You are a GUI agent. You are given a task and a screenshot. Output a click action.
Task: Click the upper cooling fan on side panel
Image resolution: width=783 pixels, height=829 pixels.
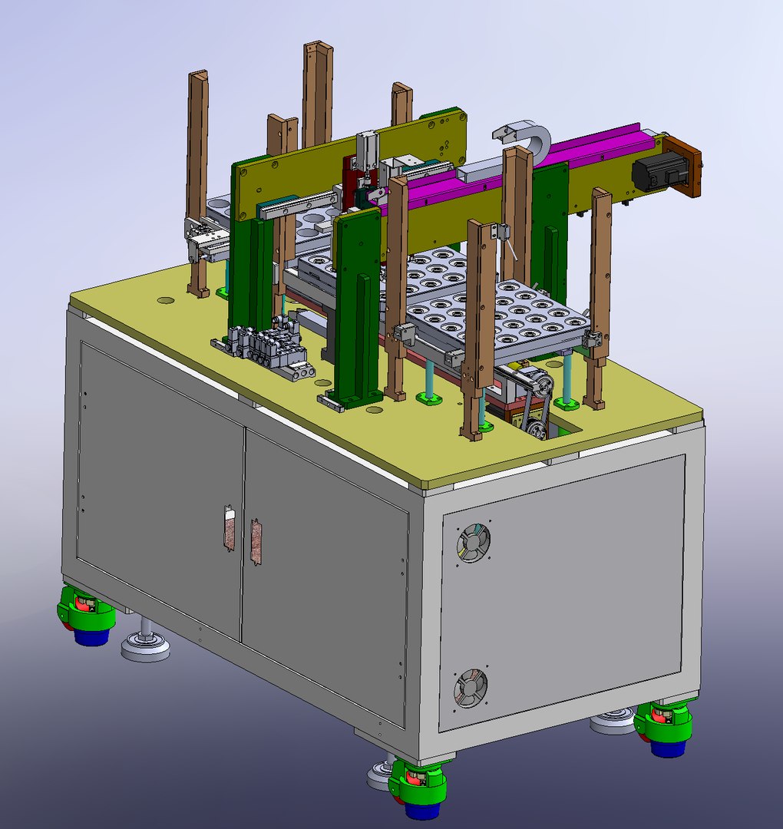tap(474, 543)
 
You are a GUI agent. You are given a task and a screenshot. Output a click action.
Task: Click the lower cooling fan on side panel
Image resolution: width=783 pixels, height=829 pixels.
tap(469, 689)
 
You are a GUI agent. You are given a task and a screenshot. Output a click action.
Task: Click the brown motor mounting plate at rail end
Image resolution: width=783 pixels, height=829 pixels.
tap(686, 167)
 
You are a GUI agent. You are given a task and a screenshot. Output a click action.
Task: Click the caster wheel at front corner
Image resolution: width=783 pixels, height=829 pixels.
tap(417, 787)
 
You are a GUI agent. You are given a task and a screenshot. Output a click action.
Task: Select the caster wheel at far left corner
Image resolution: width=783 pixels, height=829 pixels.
tap(85, 616)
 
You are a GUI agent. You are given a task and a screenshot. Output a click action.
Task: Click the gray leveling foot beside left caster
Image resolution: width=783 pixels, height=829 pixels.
tap(145, 645)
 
